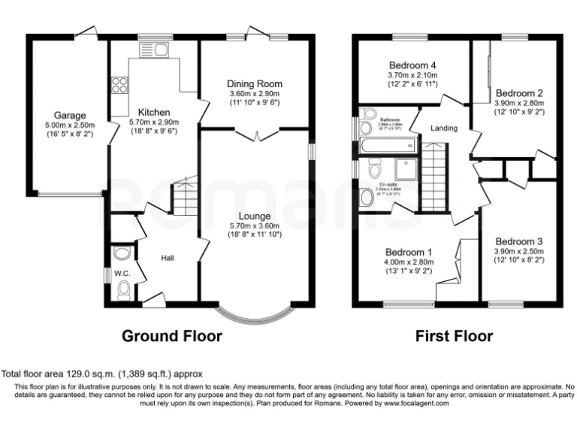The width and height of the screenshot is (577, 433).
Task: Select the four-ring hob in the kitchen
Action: click(119, 85)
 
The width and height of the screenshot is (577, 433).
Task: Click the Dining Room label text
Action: click(255, 83)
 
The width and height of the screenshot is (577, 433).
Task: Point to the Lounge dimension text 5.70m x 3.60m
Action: click(255, 225)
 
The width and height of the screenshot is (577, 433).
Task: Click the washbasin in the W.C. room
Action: click(120, 253)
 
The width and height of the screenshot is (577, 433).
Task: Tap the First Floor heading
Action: click(455, 336)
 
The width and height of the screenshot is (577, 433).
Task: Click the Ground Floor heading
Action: click(172, 336)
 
